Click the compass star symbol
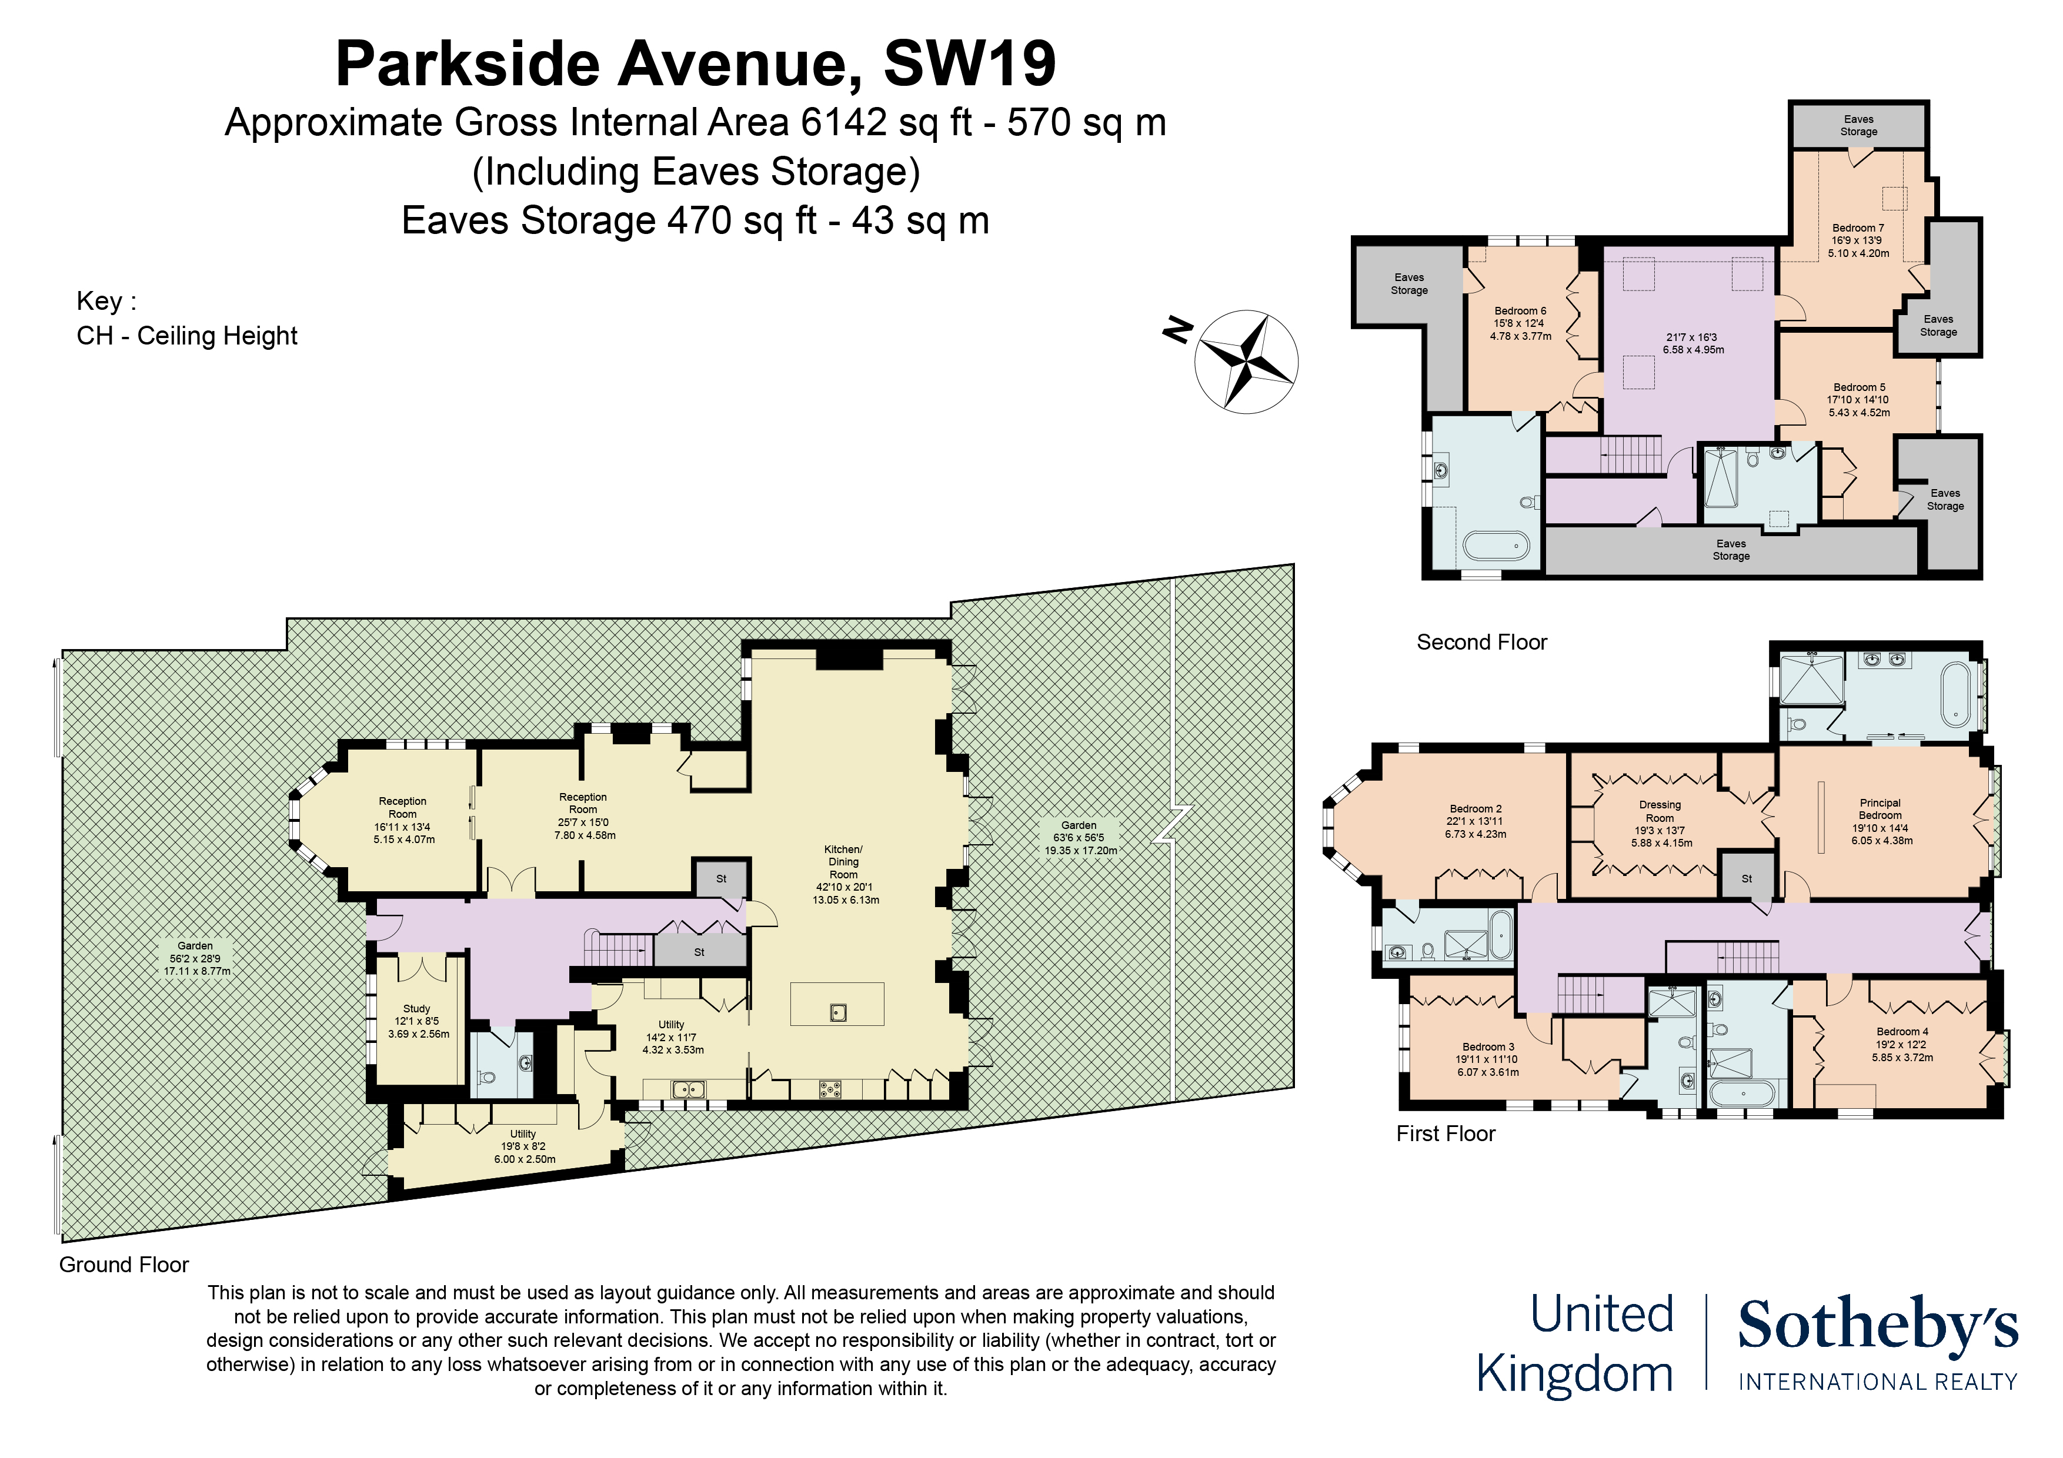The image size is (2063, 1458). coord(1246,361)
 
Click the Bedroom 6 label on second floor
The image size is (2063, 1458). coord(1520,311)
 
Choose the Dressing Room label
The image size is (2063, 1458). coord(1660,811)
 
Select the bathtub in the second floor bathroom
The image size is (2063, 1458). coord(1496,546)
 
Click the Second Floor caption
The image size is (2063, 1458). coord(1481,643)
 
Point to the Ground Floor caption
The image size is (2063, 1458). coord(124,1265)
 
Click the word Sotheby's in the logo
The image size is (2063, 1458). coord(1878,1325)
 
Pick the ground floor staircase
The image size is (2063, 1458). coord(620,949)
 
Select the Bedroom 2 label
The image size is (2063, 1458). coord(1476,808)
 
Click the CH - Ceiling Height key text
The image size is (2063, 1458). coord(187,336)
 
